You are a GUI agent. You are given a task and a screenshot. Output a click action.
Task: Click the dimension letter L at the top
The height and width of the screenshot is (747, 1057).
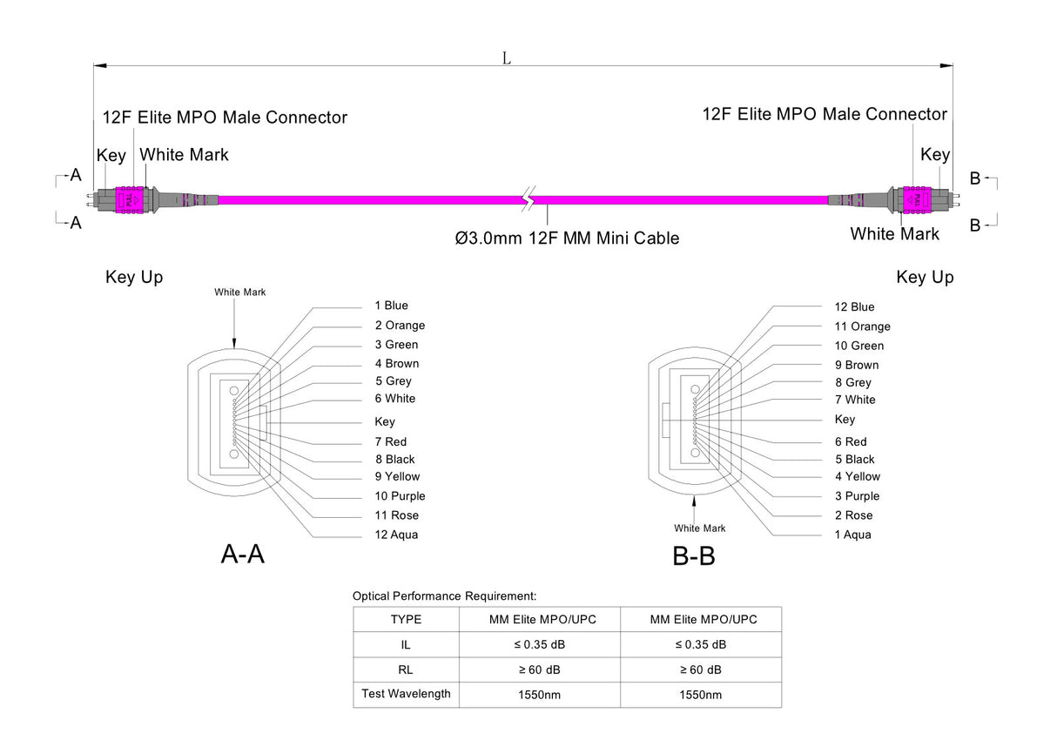pos(506,57)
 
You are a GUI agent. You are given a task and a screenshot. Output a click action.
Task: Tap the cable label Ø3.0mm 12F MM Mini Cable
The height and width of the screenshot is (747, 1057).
pos(567,238)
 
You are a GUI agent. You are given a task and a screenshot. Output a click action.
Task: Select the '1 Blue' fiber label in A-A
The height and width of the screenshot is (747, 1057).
pos(391,306)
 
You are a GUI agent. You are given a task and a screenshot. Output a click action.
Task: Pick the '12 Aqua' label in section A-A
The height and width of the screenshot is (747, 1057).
pos(396,535)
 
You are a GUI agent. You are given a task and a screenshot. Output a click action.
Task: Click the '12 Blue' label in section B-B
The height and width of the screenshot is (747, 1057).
pos(854,306)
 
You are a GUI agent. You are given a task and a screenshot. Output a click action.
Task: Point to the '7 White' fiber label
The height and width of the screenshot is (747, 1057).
pos(855,400)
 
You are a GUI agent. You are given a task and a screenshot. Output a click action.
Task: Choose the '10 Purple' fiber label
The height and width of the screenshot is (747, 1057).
pos(400,496)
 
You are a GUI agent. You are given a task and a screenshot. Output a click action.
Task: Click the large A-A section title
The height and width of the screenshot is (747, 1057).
pos(242,554)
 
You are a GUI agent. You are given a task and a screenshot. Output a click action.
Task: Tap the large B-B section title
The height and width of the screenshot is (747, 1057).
pos(694,555)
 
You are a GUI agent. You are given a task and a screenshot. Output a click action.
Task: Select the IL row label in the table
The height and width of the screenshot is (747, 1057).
pos(406,645)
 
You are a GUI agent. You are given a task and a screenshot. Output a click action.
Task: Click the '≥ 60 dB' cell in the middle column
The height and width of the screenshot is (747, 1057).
pos(540,670)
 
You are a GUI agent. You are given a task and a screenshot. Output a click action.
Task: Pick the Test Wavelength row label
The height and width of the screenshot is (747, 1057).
pos(406,694)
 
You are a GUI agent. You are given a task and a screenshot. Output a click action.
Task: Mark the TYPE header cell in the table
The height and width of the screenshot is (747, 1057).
pos(406,620)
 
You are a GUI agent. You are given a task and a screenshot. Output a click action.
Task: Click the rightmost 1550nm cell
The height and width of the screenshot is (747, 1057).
pos(700,695)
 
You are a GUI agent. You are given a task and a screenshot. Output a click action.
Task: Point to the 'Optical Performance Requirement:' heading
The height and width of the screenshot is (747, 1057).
pos(444,596)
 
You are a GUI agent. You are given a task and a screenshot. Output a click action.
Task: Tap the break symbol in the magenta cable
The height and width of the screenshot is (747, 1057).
pos(528,200)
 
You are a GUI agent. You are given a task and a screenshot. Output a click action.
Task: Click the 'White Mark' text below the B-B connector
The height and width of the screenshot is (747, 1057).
pos(699,528)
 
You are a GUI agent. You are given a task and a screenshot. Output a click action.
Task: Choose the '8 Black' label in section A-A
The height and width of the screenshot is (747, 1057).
pos(394,460)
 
